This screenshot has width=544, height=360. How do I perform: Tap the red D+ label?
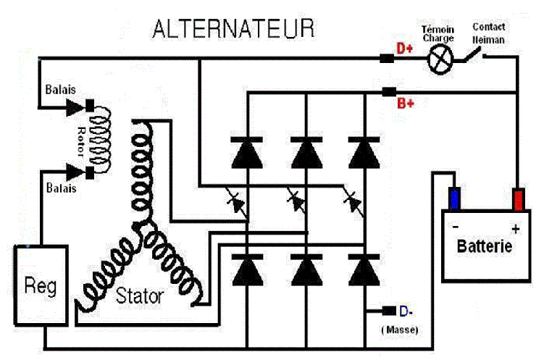click(404, 49)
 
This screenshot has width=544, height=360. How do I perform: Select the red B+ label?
click(406, 103)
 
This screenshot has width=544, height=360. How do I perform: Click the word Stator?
click(139, 296)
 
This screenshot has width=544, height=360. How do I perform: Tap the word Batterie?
click(485, 246)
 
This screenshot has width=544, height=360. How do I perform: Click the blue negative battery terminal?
click(454, 198)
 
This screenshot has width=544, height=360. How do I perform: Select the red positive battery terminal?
click(518, 198)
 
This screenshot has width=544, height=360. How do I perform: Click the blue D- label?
click(406, 311)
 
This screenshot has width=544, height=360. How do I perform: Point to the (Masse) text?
click(399, 330)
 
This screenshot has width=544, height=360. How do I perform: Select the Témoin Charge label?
click(438, 33)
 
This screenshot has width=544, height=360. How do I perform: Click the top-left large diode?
click(247, 151)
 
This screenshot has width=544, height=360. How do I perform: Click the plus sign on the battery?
click(515, 230)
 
